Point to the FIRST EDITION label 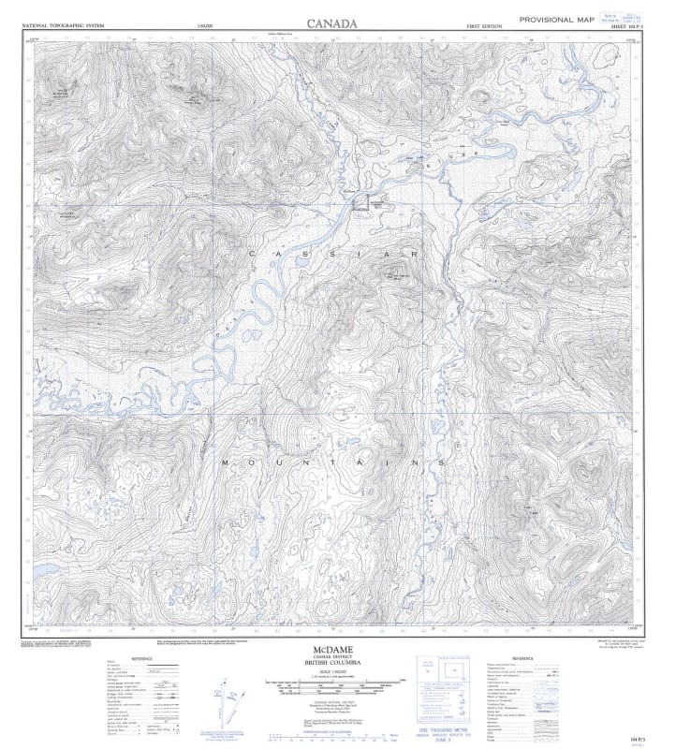coord(486,26)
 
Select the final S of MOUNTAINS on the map coord(438,463)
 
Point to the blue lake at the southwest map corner coord(43,569)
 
